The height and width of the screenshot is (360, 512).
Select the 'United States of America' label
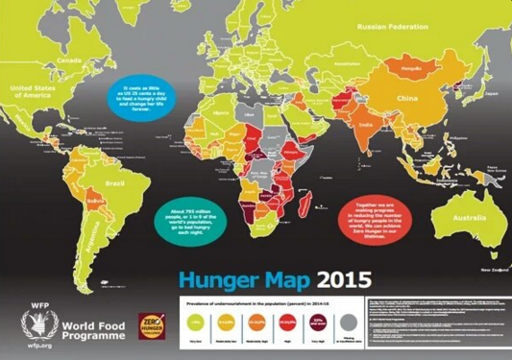[33, 90]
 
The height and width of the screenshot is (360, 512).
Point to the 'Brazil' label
[112, 180]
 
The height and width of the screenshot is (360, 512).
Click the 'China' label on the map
[407, 99]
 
